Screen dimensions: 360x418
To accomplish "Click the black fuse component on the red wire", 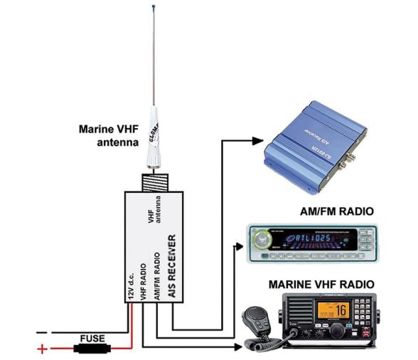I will pos(92,349).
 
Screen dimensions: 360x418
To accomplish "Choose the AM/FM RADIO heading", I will pos(328,211).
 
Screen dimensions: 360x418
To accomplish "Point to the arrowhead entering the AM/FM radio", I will pos(240,248).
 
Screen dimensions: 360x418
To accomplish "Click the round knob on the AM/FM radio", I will pos(264,238).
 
